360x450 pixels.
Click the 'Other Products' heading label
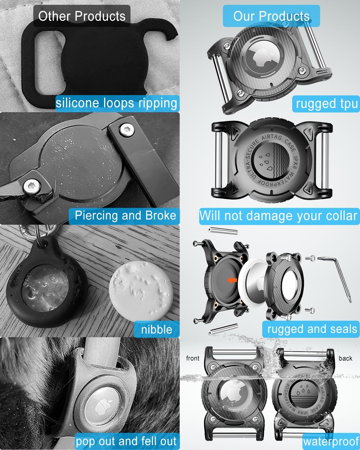pos(82,16)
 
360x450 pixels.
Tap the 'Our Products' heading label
pos(271,16)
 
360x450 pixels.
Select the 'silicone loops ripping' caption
pos(116,103)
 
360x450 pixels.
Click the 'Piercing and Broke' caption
pos(125,215)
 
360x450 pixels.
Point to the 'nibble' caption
pos(157,330)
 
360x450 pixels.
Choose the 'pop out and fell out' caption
pos(126,441)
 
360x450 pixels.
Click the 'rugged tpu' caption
pos(327,104)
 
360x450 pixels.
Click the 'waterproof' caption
pos(331,442)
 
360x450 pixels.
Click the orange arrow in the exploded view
pos(232,280)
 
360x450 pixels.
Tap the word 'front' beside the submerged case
pos(193,358)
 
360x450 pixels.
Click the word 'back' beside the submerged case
pos(345,358)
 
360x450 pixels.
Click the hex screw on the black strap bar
pos(127,130)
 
